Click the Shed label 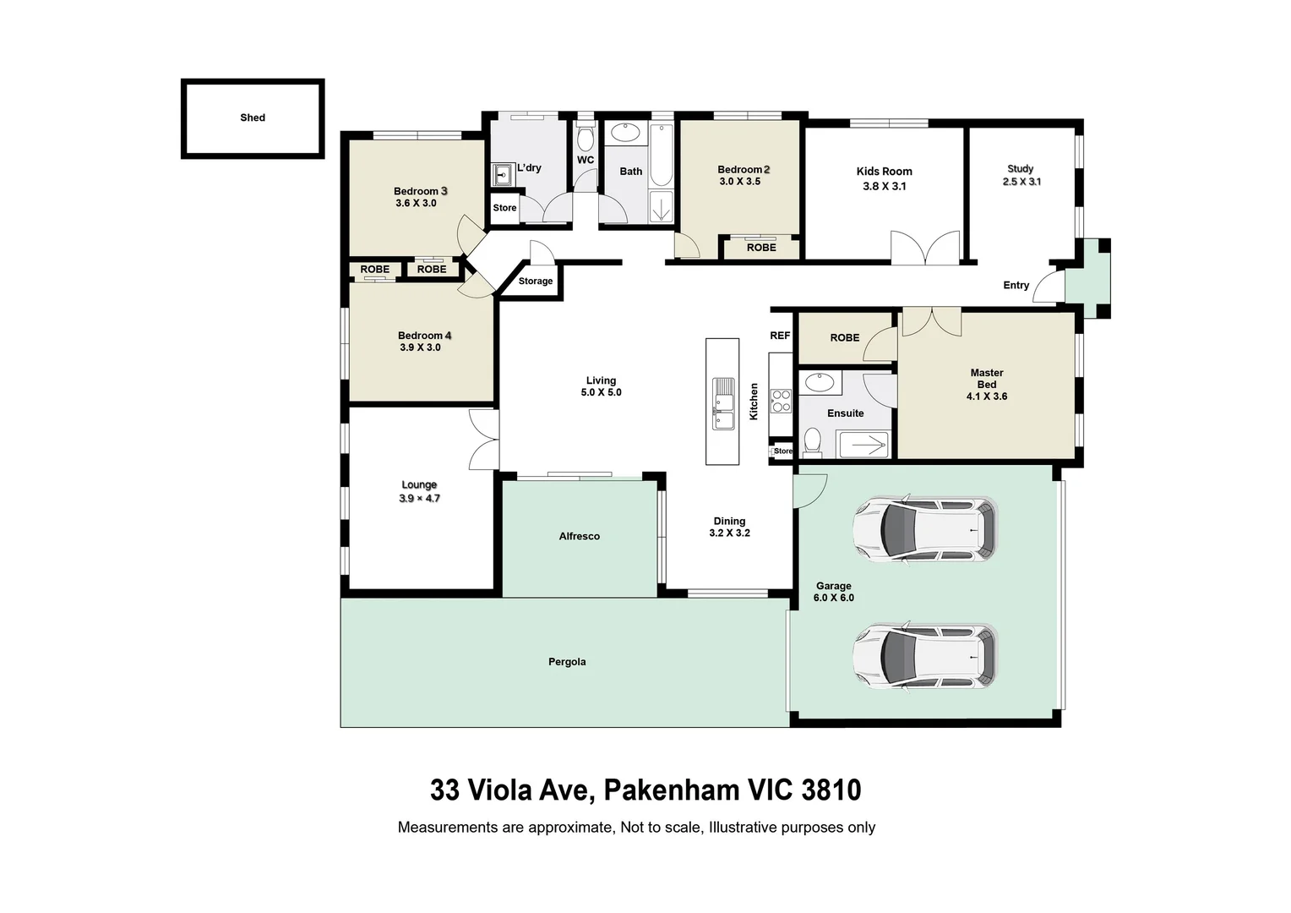253,118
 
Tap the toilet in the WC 586,136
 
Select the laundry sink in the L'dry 504,174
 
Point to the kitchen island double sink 722,403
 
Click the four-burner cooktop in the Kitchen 781,402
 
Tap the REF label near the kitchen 780,336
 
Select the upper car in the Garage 925,529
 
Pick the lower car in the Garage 925,656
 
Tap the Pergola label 567,662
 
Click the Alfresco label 580,536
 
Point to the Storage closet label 536,281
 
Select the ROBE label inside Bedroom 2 761,248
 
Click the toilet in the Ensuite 812,440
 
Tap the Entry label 1016,285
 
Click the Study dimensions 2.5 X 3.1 1021,182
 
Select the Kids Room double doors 926,248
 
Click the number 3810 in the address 831,790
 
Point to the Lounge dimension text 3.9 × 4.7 420,498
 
